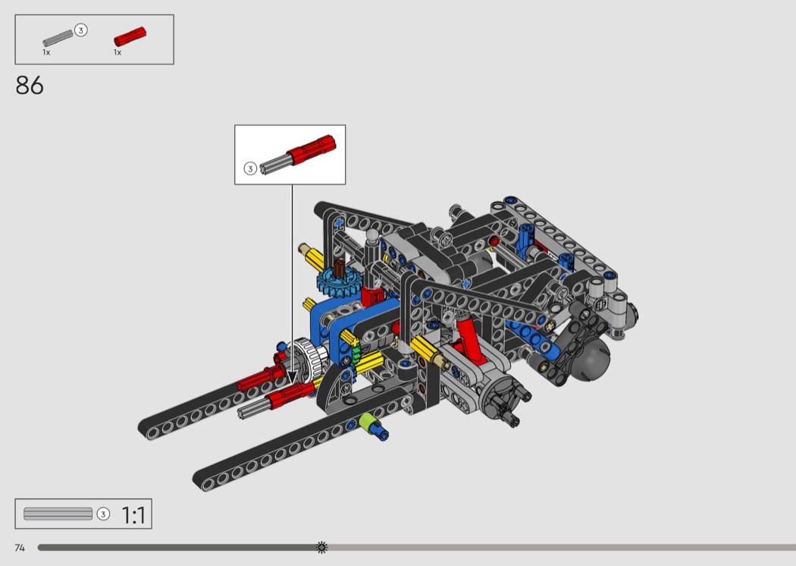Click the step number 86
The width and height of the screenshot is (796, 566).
[x=30, y=86]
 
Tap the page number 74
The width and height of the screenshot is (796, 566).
[x=20, y=548]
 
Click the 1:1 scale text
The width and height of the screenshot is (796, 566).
[x=133, y=515]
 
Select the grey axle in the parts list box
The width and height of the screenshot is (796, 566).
[x=58, y=38]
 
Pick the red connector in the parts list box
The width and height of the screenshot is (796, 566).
[x=130, y=36]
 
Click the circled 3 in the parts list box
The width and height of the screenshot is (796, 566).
[x=80, y=30]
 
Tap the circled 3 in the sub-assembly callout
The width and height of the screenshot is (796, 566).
[x=250, y=168]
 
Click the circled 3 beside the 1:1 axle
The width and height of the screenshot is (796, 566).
[x=103, y=514]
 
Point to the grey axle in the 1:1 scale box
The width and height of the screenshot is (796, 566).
[x=58, y=514]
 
